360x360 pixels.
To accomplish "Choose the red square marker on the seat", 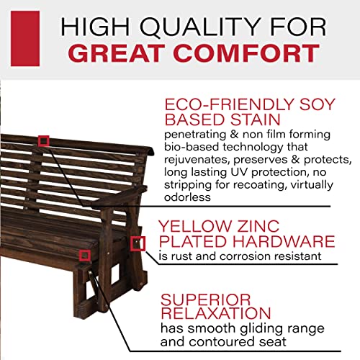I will pos(85,254).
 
